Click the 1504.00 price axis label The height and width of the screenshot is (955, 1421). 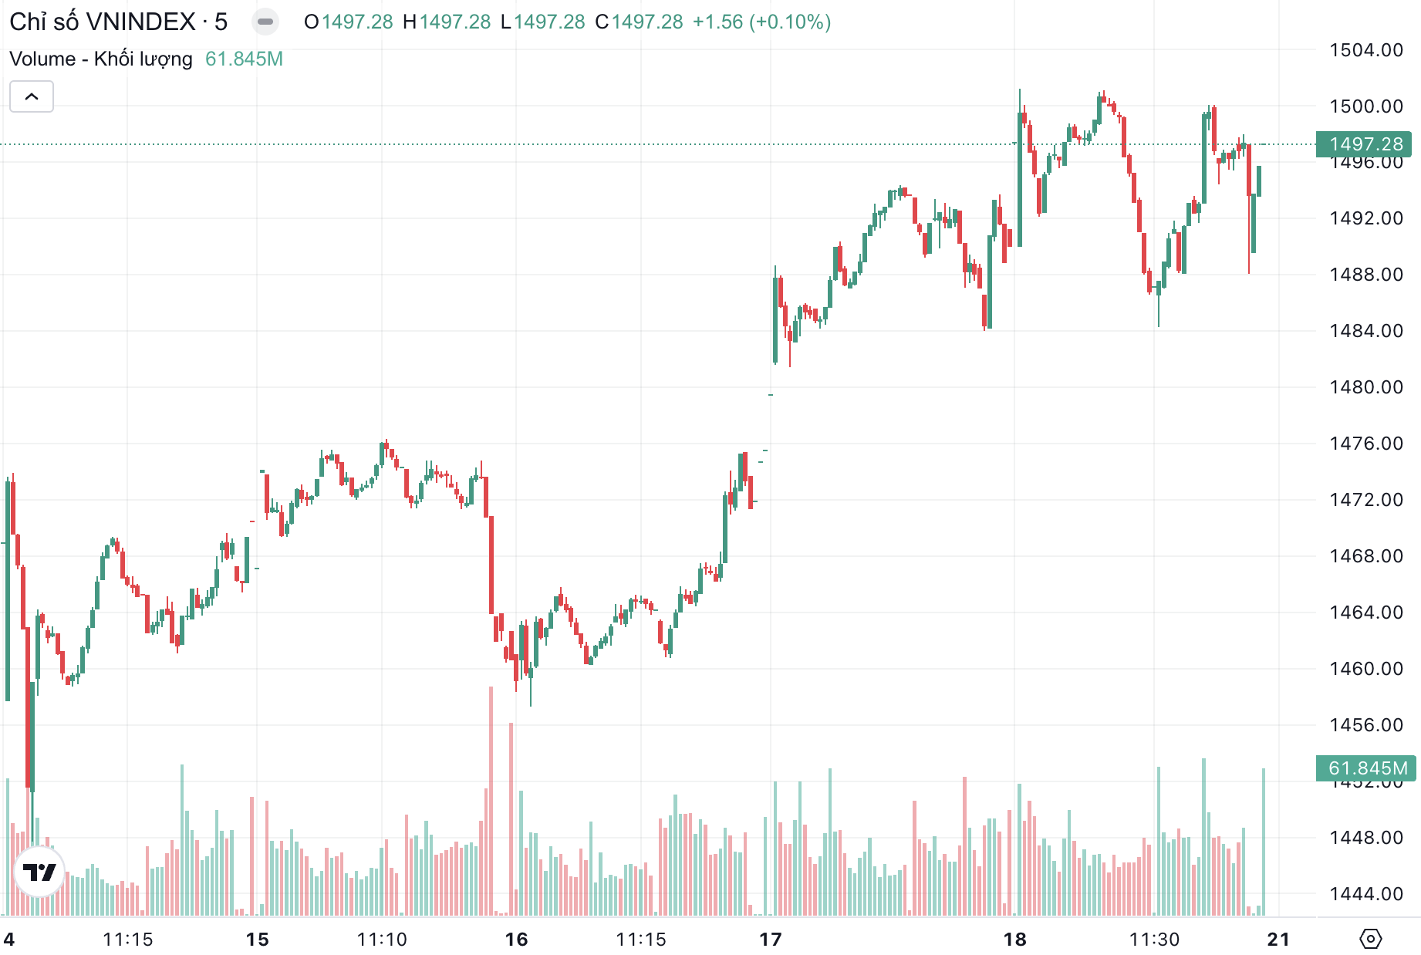point(1365,50)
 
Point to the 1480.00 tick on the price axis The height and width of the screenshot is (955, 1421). point(1365,387)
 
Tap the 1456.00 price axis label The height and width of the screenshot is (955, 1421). point(1365,725)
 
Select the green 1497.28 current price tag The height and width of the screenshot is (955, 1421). point(1364,144)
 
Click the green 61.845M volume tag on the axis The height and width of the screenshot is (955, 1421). point(1365,768)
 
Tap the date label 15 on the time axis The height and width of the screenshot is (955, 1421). point(257,940)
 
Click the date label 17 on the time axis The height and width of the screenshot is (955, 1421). point(771,940)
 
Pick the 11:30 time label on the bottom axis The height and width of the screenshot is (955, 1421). point(1154,940)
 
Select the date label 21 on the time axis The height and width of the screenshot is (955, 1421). point(1278,940)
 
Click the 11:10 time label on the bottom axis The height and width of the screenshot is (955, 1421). point(382,940)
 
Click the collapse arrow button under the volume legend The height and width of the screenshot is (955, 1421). point(32,97)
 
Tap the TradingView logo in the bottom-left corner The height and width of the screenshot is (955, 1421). point(39,872)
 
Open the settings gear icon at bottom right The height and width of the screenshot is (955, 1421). point(1370,939)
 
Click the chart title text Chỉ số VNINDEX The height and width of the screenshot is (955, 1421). point(102,22)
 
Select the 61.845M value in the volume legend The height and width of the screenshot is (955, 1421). point(244,59)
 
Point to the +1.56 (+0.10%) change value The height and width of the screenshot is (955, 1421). point(761,22)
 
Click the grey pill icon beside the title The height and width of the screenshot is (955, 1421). point(265,22)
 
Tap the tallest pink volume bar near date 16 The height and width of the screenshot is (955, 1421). point(491,802)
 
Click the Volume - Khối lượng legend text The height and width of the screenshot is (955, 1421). point(100,59)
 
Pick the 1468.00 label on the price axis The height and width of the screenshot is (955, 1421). point(1365,556)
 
